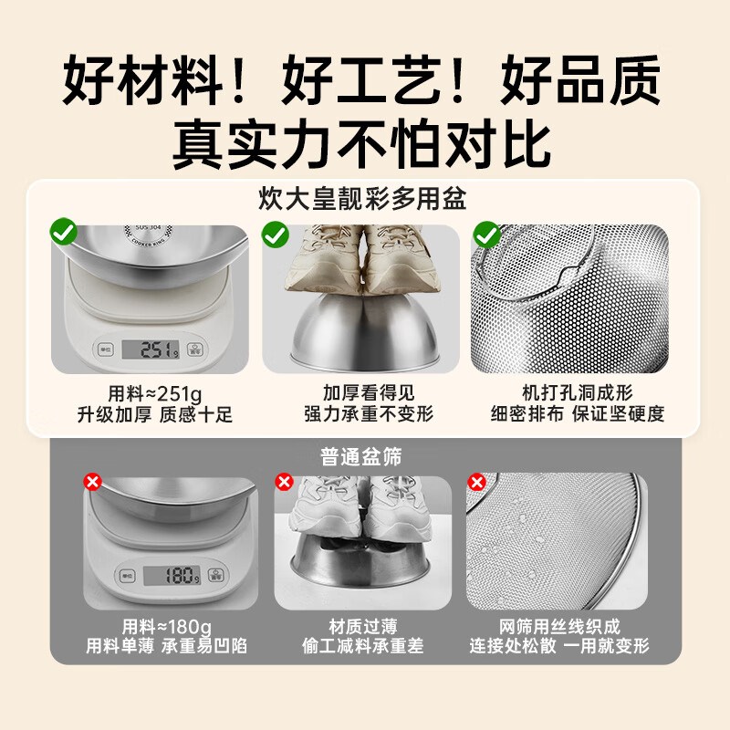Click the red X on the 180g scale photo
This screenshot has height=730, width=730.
92,481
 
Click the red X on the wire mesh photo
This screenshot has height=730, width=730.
475,481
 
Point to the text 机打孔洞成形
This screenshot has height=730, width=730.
574,392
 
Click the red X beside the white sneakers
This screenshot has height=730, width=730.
284,481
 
